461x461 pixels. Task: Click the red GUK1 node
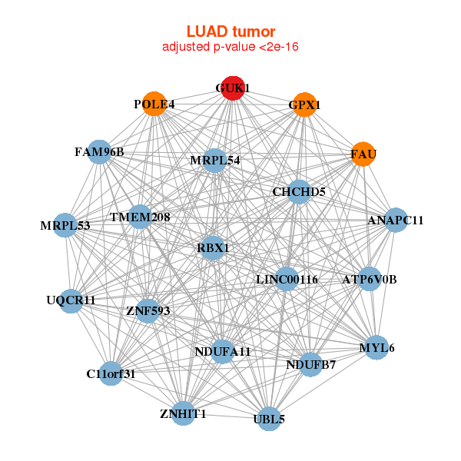[233, 88]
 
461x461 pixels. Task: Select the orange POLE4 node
[154, 104]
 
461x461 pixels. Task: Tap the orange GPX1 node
[305, 104]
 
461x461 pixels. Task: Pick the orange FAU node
[363, 154]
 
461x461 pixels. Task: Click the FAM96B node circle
[99, 152]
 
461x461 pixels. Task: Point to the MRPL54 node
[216, 161]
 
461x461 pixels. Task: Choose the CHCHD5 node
[299, 191]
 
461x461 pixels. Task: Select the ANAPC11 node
[396, 221]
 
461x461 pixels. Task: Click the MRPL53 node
[66, 226]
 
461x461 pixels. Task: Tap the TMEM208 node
[140, 217]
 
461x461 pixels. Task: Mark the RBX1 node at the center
[214, 247]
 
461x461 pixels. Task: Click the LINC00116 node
[287, 279]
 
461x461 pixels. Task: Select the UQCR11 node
[71, 300]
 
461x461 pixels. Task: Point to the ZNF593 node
[148, 311]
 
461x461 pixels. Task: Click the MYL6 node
[376, 348]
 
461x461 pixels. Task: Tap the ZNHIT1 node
[184, 414]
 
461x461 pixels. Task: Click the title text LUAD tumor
[230, 32]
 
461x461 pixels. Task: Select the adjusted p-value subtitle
[230, 47]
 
